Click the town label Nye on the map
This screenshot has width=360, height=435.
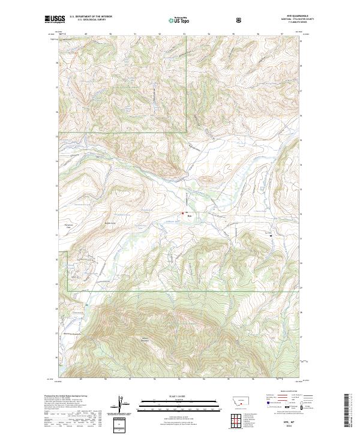tap(189, 218)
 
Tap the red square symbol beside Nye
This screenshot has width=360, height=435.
tap(184, 213)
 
